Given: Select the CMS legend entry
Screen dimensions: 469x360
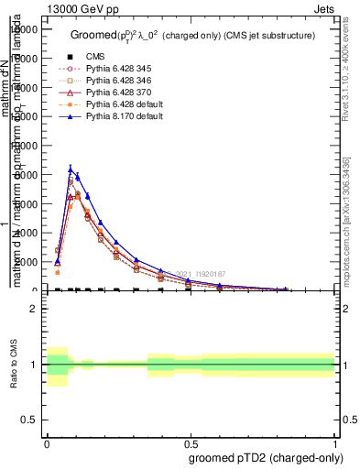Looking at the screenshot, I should pos(95,57).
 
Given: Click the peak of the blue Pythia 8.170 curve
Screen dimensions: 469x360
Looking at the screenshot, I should pos(71,169).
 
